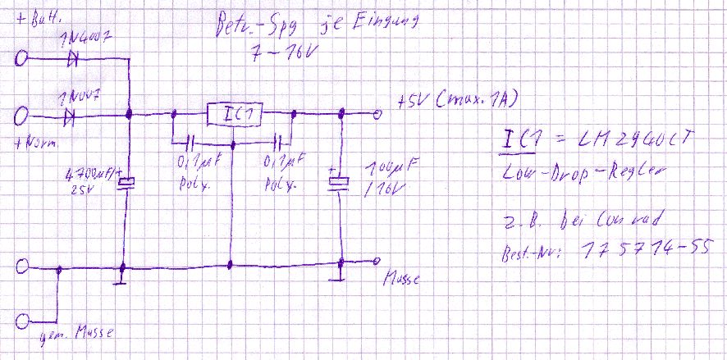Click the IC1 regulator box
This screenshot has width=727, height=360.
(234, 116)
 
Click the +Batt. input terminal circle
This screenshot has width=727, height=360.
(23, 58)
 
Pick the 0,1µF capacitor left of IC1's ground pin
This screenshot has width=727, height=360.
(190, 140)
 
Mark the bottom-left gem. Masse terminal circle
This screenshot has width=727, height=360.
(23, 319)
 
